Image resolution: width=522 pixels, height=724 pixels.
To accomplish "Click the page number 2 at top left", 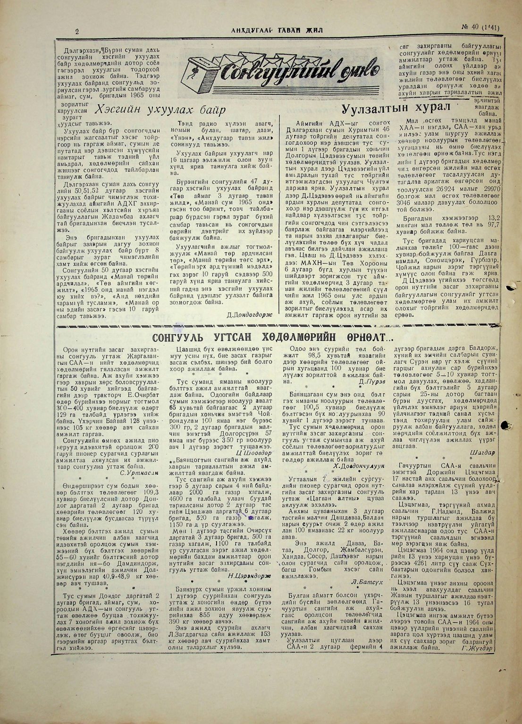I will pyautogui.click(x=77, y=32).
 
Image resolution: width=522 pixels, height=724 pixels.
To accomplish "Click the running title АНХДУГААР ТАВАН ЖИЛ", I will pyautogui.click(x=277, y=30).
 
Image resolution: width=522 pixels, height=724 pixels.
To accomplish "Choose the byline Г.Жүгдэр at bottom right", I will pyautogui.click(x=478, y=648).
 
